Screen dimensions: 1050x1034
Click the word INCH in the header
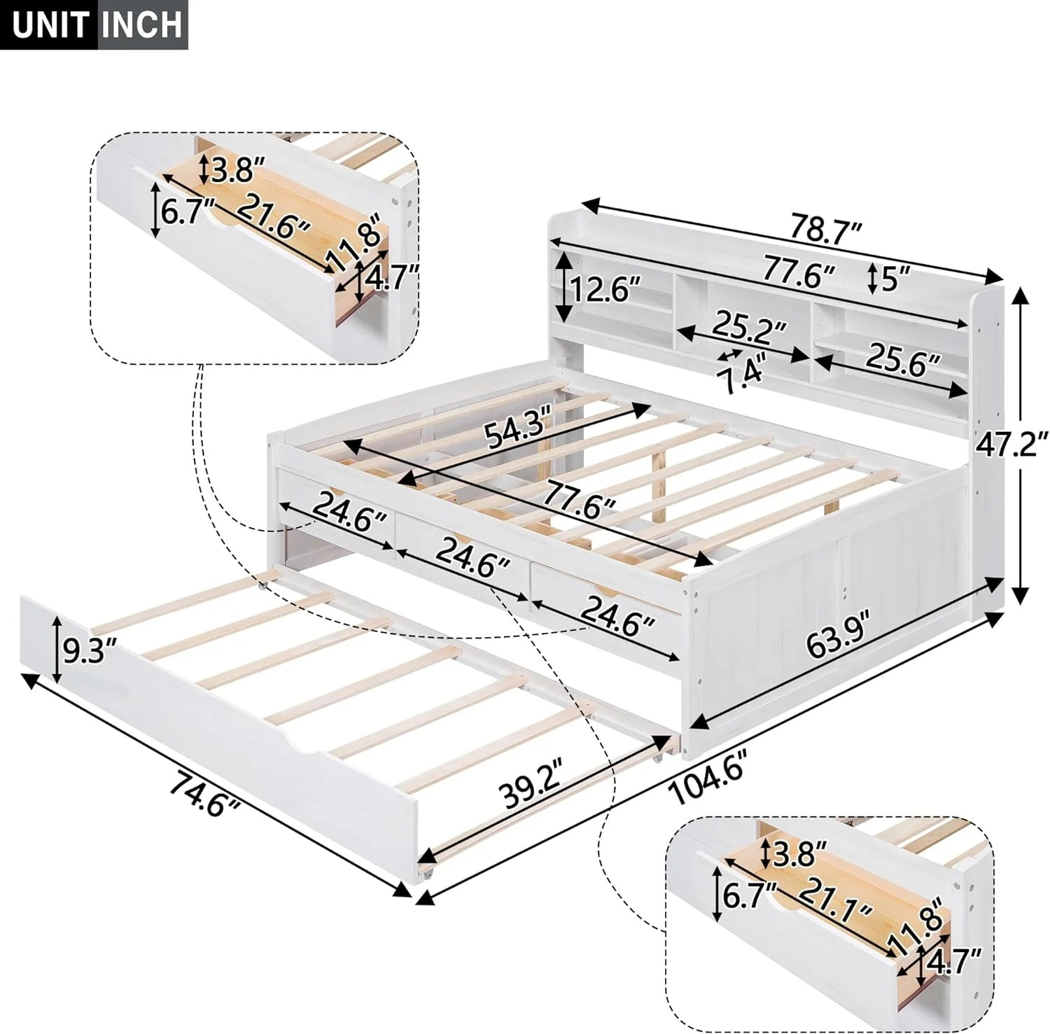(x=141, y=25)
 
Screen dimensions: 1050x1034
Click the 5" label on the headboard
(x=888, y=279)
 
